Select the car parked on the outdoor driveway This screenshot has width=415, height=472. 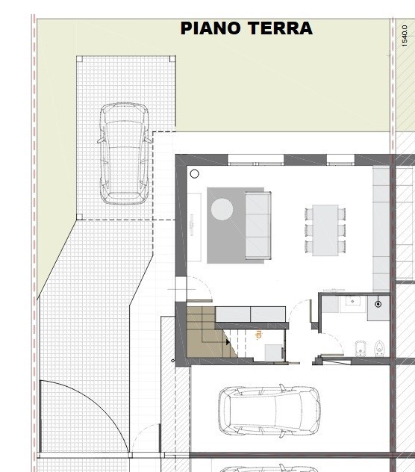(x=123, y=153)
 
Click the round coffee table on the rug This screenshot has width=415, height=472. (x=222, y=208)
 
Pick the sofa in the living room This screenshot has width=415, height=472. (x=258, y=224)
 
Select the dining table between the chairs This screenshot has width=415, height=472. (x=325, y=229)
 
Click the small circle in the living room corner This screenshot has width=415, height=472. (x=195, y=173)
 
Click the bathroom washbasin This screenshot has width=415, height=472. (x=352, y=303)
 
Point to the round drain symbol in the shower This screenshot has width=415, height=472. (x=378, y=304)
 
